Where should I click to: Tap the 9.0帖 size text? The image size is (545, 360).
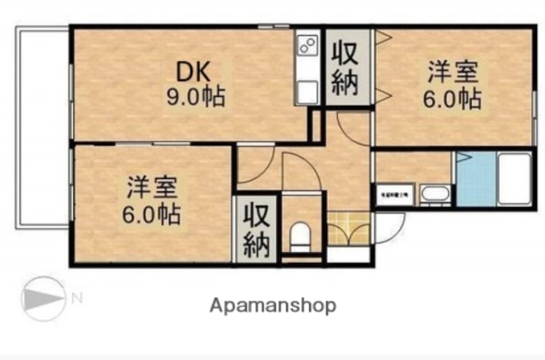click(195, 97)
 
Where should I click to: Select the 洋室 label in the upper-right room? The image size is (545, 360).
click(452, 71)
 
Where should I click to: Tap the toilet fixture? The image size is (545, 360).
click(301, 236)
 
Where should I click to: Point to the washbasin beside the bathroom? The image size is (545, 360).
click(435, 195)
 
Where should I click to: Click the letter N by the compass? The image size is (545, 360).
click(77, 298)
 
